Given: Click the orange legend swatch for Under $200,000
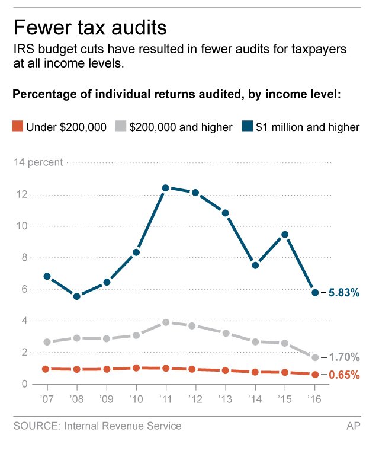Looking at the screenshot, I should click(x=17, y=126).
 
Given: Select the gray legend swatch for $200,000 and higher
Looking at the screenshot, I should click(x=121, y=126).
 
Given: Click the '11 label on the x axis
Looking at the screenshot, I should click(x=165, y=399).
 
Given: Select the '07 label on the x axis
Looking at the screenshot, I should click(x=46, y=399).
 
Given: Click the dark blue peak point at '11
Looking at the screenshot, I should click(x=166, y=188).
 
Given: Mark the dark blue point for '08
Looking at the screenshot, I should click(x=76, y=296).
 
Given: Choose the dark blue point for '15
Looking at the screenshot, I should click(x=285, y=234).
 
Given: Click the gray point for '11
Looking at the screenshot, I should click(x=166, y=322).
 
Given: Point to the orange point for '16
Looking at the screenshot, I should click(x=315, y=374).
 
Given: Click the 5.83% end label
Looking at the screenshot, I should click(x=344, y=293).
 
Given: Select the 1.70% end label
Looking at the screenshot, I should click(x=344, y=357).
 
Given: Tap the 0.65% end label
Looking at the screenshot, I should click(x=344, y=375).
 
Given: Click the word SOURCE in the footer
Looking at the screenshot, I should click(x=35, y=426).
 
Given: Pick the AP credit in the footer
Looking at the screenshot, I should click(x=354, y=426).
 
